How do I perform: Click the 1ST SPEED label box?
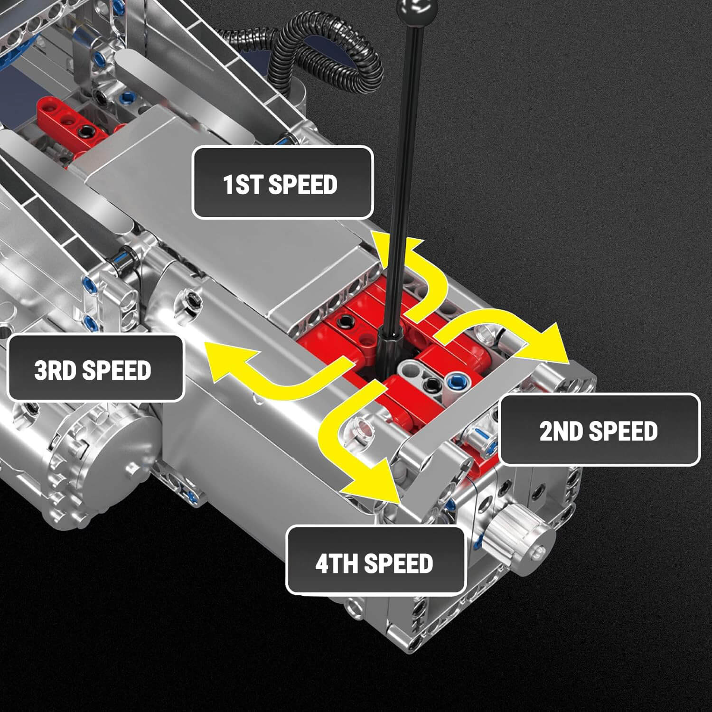click(282, 183)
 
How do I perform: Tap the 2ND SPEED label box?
click(599, 430)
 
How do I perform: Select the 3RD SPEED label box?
click(95, 369)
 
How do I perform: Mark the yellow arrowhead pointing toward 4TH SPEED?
click(375, 484)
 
